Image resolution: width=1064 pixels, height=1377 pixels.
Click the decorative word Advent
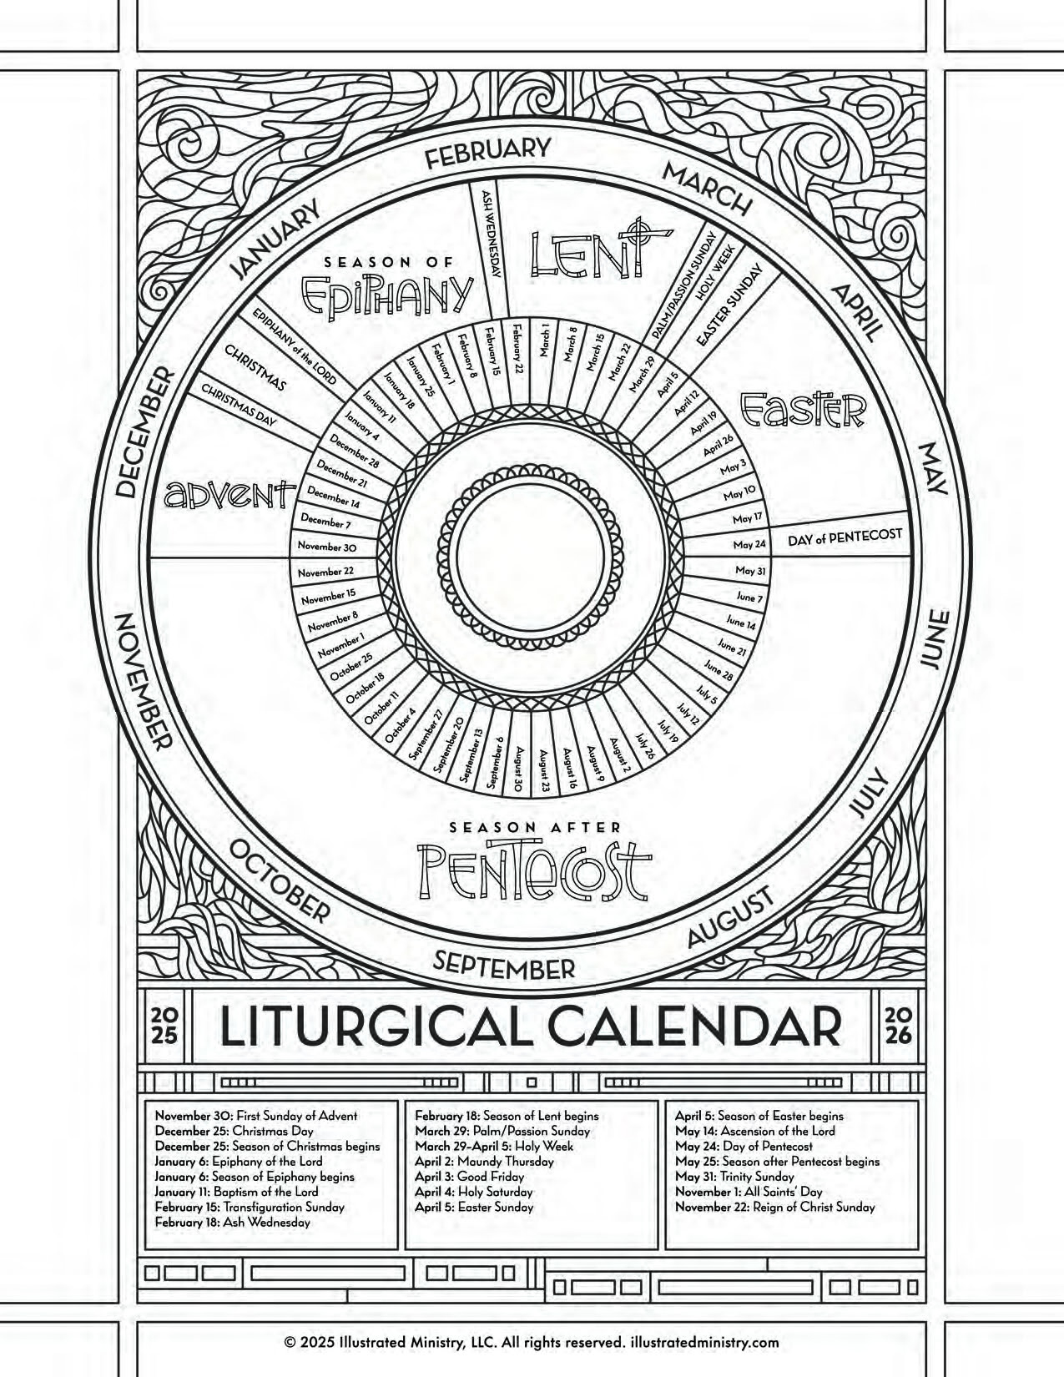[229, 494]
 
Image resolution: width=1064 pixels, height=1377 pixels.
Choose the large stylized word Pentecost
[533, 870]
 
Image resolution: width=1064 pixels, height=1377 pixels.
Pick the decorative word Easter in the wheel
[804, 409]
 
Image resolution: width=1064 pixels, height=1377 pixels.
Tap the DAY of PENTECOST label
[845, 537]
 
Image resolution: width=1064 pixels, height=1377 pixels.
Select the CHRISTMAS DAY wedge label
[239, 406]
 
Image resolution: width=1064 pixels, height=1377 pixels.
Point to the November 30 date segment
[327, 547]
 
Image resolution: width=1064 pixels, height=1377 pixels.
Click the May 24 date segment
[749, 544]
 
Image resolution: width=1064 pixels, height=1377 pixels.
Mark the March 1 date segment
[545, 340]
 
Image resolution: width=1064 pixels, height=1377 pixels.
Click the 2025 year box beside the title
[164, 1026]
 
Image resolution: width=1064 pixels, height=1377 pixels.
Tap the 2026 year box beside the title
[898, 1026]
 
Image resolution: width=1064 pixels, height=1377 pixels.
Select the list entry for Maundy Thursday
[484, 1162]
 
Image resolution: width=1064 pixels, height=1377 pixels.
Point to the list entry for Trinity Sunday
[734, 1177]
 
